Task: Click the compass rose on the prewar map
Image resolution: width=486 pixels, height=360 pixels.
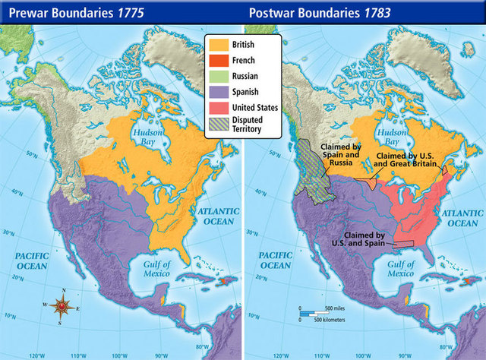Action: [x=65, y=307]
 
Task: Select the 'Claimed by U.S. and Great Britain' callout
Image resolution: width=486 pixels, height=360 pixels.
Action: [x=408, y=159]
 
